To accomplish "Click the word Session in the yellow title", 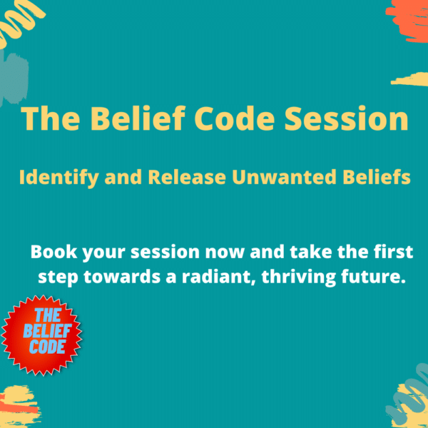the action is tap(347, 118).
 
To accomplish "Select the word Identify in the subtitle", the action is tap(58, 178).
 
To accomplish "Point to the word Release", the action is tap(187, 177).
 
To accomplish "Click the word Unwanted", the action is tap(284, 177).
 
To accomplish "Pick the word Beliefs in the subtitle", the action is tap(377, 177).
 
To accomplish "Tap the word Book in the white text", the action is tap(53, 252).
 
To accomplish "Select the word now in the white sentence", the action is tap(225, 253).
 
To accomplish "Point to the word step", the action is tap(58, 278).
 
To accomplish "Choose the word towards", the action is tap(122, 277).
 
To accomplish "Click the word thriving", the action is tap(298, 277).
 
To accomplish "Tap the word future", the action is tap(373, 277).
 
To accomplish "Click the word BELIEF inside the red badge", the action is tap(47, 331).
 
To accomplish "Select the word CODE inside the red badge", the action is tap(47, 347).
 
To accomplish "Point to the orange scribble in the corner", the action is tap(408, 21).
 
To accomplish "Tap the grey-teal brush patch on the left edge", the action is tap(14, 78).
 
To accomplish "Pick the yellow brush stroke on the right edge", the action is tap(410, 79).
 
